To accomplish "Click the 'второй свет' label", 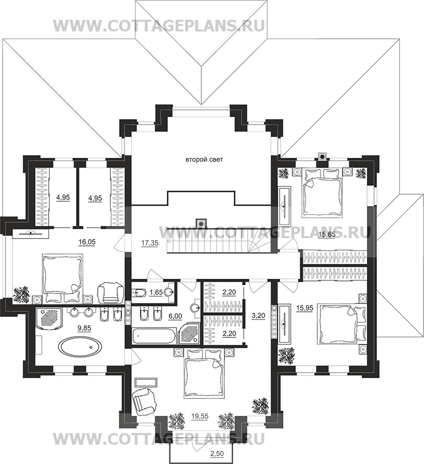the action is click(x=204, y=160).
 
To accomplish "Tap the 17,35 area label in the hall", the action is click(x=150, y=243).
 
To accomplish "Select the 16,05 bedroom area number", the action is click(x=87, y=242).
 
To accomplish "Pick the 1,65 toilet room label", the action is click(x=156, y=292).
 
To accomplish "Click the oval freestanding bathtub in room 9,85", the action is click(x=81, y=346).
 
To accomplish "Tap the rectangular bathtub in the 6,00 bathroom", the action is click(x=153, y=336).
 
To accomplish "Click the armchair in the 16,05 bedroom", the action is click(x=111, y=293).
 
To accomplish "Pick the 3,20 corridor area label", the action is click(x=259, y=315).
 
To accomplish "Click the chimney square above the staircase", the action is click(x=202, y=222).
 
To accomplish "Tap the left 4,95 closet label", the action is click(x=63, y=197).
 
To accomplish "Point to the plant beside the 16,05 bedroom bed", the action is click(x=21, y=295).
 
